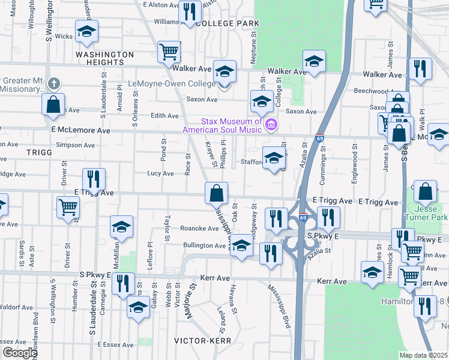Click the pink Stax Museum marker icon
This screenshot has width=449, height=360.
[271, 125]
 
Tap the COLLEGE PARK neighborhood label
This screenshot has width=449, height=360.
[228, 23]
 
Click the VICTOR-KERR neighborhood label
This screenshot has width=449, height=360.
[199, 340]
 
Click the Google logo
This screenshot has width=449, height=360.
[19, 353]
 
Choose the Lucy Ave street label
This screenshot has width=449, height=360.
[160, 173]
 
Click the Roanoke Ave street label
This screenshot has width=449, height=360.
[200, 229]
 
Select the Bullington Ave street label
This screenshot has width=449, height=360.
[204, 245]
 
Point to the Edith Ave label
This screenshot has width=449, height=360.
[165, 116]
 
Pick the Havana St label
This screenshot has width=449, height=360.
[231, 294]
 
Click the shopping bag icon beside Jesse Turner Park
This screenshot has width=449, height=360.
[425, 191]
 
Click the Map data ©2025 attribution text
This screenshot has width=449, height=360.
[424, 355]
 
